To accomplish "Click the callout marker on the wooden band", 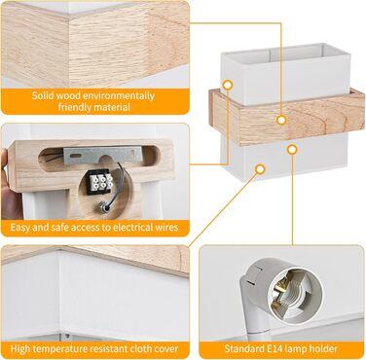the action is pos(281,120).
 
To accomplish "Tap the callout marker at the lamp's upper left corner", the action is pos(228,86).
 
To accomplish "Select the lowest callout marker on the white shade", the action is pos(260,169).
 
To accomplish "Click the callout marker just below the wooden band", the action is pos(292,150).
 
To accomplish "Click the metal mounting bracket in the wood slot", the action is pos(102,155).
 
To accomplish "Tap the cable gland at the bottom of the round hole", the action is pos(105,207).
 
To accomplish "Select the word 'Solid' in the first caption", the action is pos(43,96).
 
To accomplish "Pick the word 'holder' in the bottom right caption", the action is pos(322,349).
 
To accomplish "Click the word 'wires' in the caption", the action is pos(168,227).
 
